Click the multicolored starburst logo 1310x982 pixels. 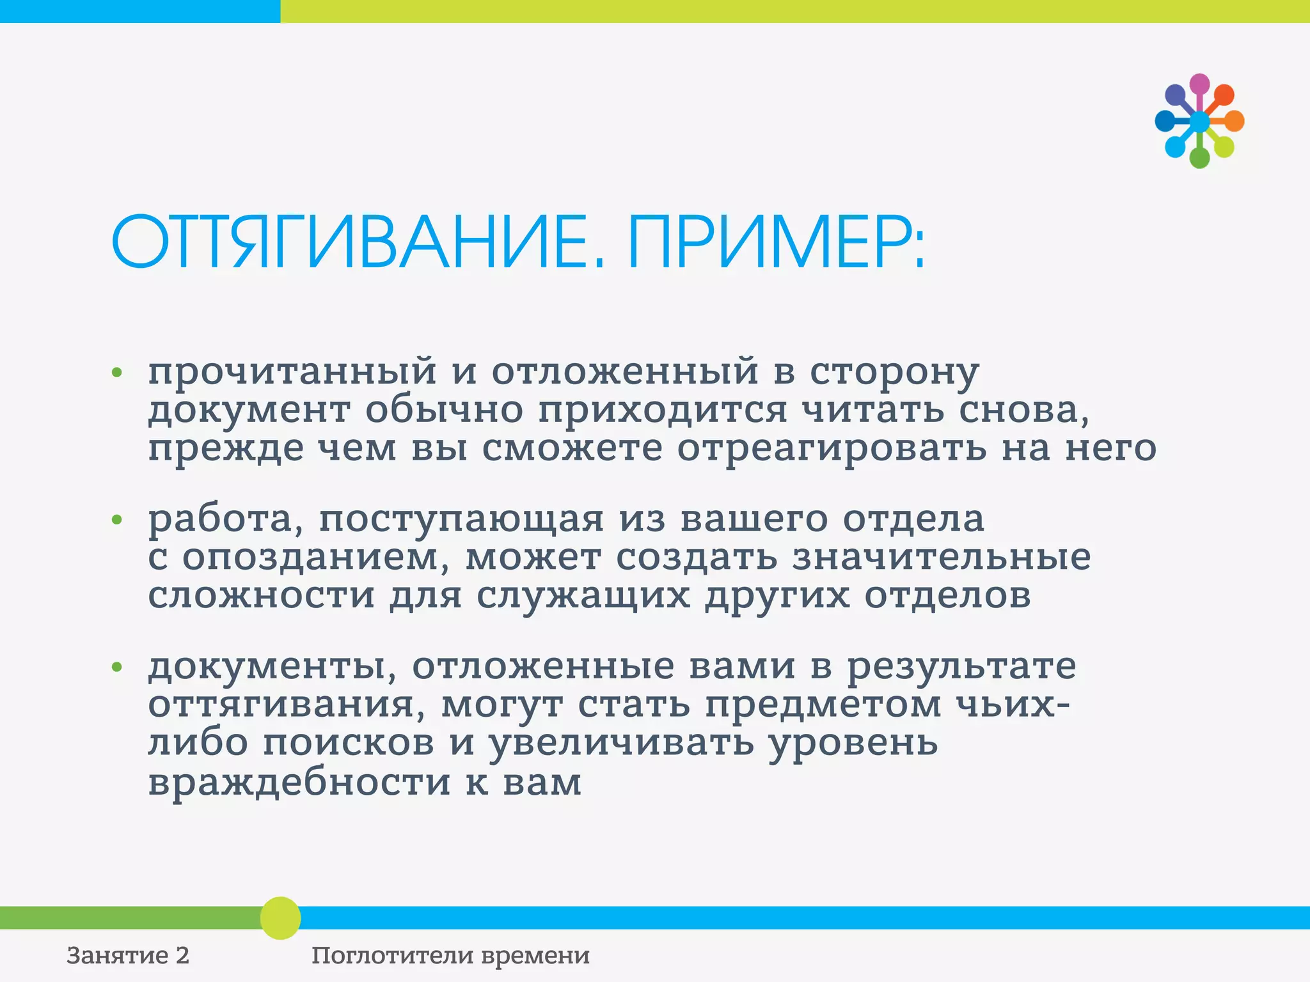[1199, 121]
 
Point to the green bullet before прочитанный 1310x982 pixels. [116, 372]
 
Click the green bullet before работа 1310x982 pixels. [116, 520]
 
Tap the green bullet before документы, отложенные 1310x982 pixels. [116, 667]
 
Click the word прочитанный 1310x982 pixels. [292, 372]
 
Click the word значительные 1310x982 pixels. [942, 557]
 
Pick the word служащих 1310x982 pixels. [583, 596]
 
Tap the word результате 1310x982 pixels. [961, 667]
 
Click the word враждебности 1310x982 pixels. [299, 783]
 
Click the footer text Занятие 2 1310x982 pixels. [128, 956]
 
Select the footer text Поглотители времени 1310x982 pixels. [450, 956]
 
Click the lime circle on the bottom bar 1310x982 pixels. [280, 918]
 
